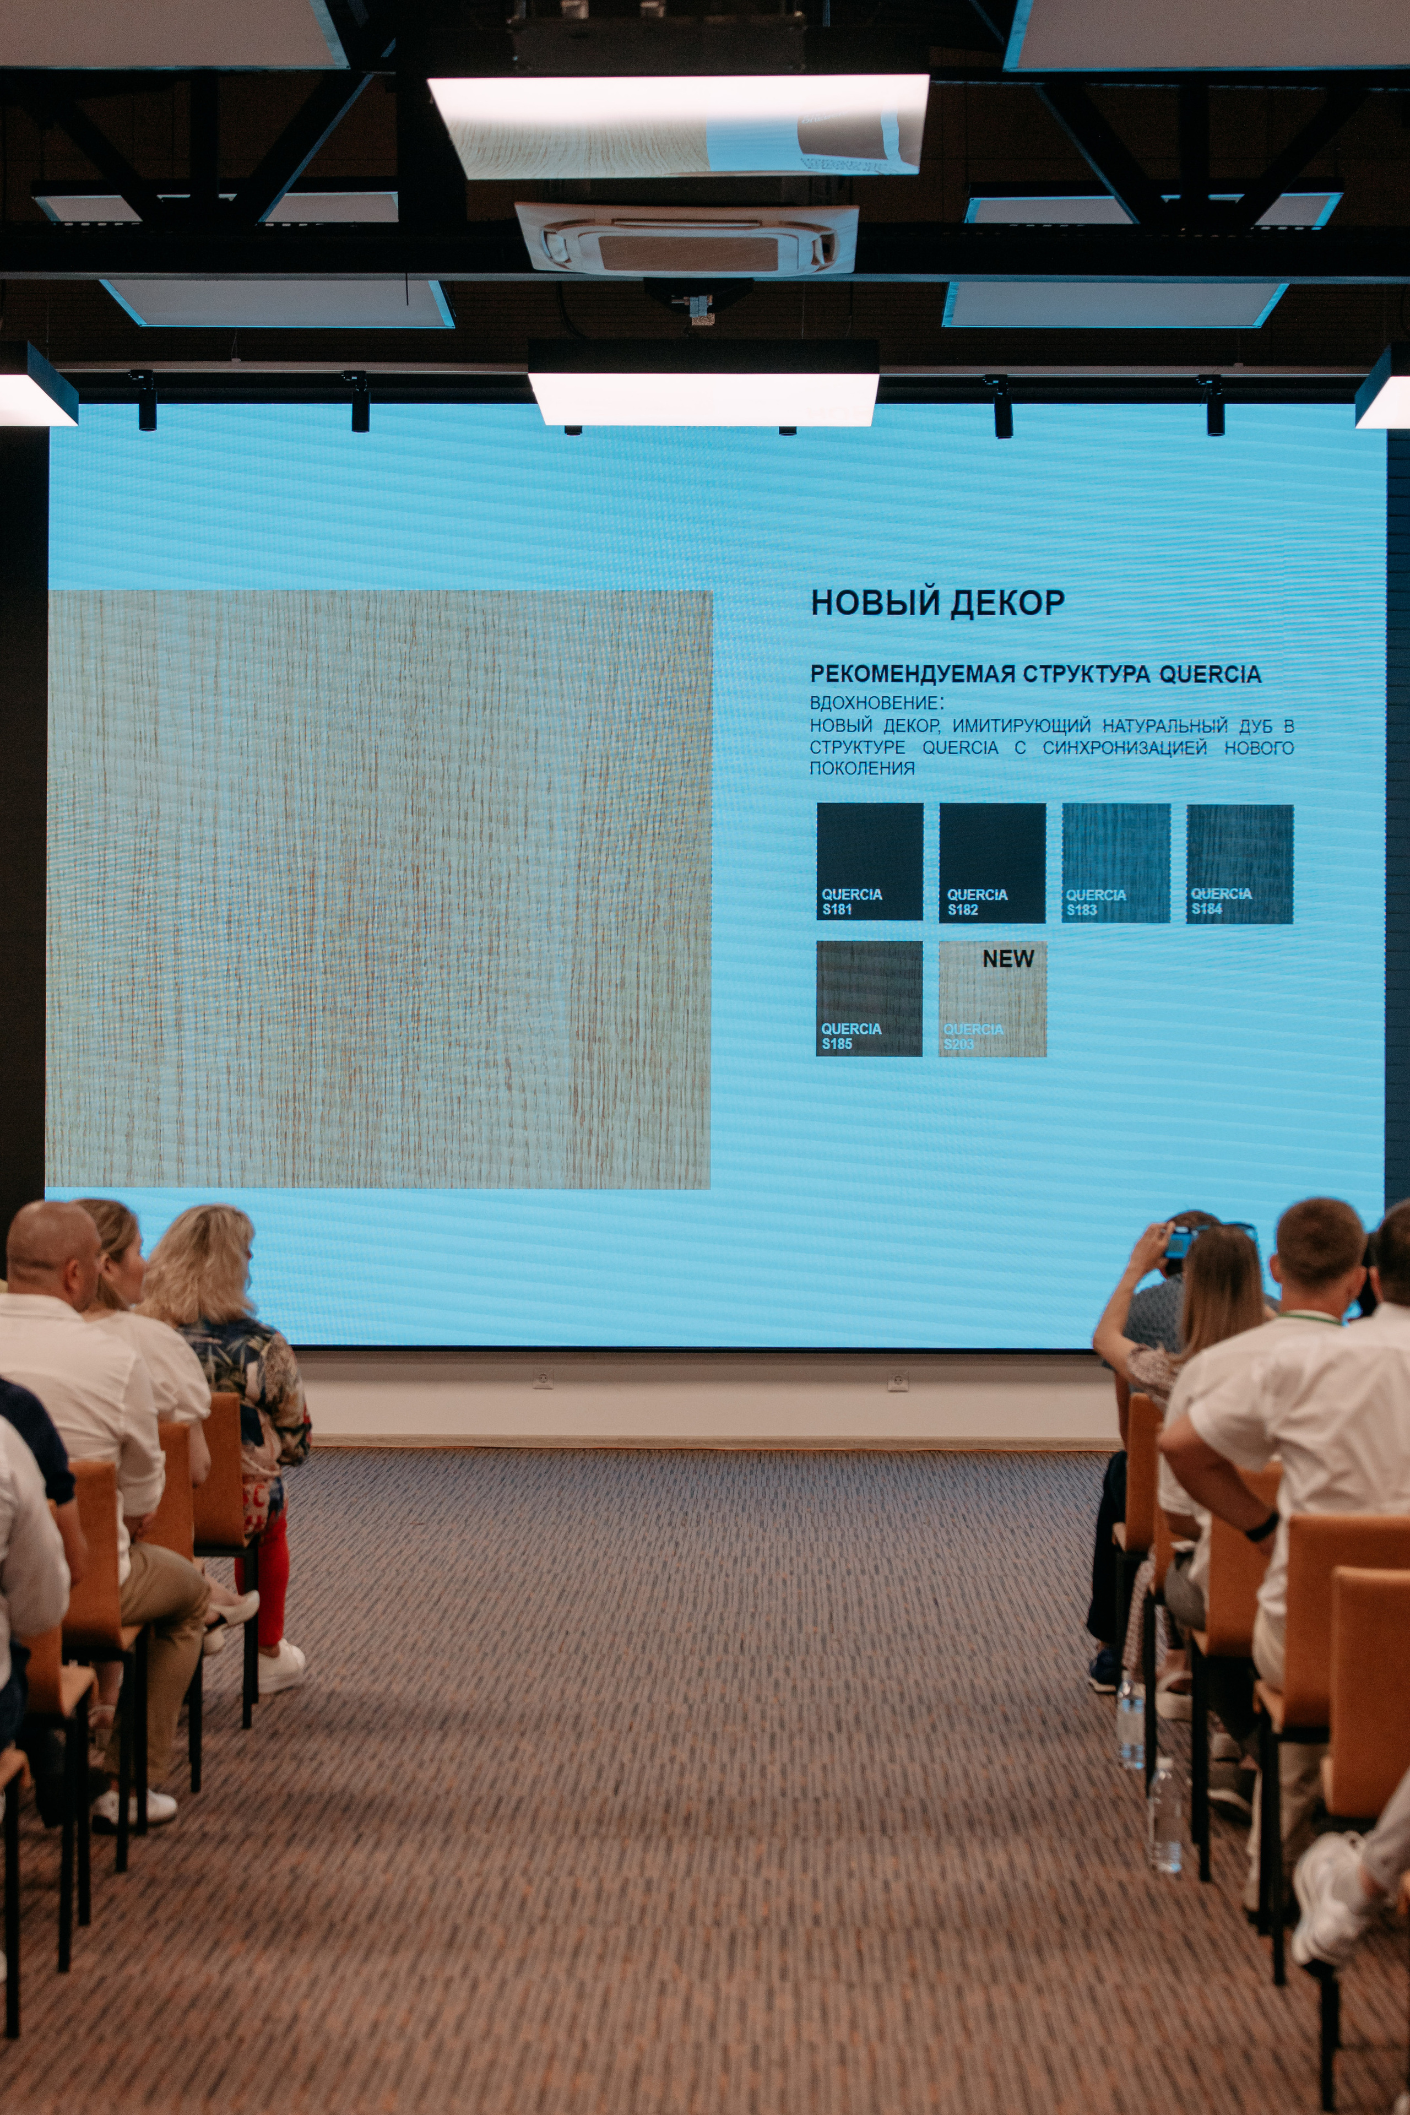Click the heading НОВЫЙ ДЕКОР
coord(938,603)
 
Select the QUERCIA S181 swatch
coord(870,861)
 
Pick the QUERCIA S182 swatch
coord(993,863)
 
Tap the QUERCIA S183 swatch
coord(1116,863)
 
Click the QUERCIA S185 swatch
coord(870,998)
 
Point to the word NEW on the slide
coord(1008,958)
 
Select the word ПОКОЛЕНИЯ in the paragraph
coord(861,768)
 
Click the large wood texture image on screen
coord(378,890)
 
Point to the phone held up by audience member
coord(1178,1242)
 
